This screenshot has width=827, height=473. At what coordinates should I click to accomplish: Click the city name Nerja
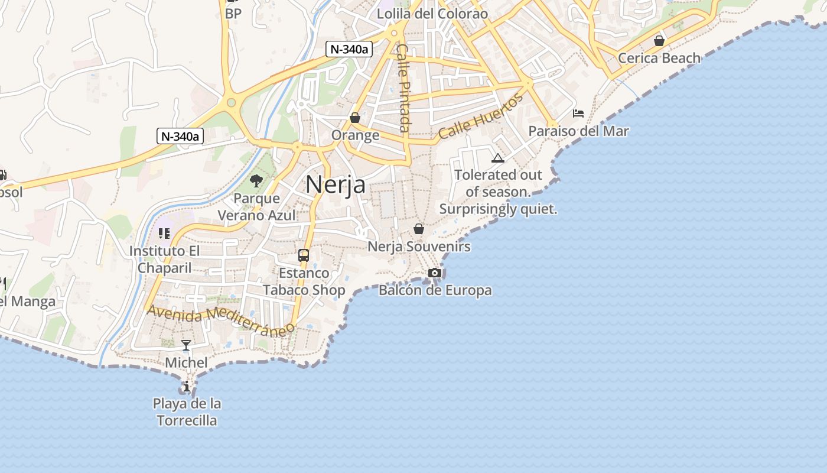(x=336, y=185)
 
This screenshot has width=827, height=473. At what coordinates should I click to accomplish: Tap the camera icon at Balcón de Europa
(x=435, y=273)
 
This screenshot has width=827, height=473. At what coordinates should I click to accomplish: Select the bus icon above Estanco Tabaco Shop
(x=304, y=255)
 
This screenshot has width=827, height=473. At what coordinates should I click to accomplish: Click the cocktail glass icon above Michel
(x=186, y=345)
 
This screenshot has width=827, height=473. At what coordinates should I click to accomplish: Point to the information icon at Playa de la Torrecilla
(x=187, y=387)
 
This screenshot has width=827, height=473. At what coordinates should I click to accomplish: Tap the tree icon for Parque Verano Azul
(x=256, y=181)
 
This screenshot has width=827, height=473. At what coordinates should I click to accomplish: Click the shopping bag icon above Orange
(x=355, y=118)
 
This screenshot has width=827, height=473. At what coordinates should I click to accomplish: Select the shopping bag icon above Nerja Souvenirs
(x=419, y=229)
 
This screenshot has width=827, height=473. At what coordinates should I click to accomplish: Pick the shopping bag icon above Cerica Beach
(x=659, y=41)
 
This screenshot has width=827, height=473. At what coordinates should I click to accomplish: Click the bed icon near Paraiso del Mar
(x=578, y=114)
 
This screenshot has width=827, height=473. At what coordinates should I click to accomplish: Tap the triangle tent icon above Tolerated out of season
(x=498, y=158)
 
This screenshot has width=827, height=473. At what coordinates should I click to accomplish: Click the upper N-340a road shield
(x=349, y=49)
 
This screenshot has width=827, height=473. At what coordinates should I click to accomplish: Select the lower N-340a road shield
(x=180, y=136)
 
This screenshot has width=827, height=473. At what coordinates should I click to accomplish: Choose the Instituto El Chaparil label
(x=165, y=260)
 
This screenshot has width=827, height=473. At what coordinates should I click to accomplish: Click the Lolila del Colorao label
(x=432, y=14)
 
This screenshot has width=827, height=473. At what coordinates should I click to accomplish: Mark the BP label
(x=233, y=13)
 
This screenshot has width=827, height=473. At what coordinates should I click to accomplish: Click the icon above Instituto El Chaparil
(x=164, y=234)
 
